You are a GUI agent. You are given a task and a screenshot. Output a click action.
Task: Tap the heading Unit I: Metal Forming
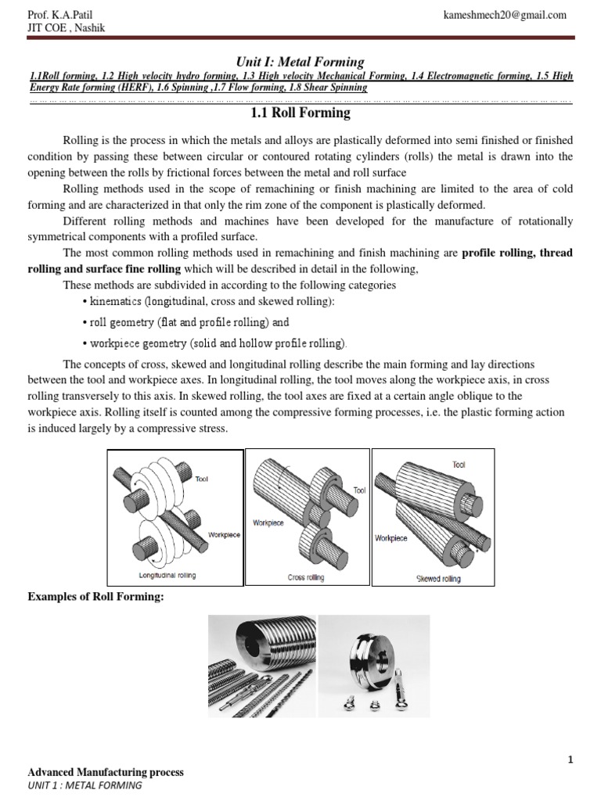pyautogui.click(x=300, y=62)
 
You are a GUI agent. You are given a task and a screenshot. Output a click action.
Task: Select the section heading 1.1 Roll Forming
pyautogui.click(x=300, y=113)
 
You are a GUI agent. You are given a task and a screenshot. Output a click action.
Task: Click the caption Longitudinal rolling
pyautogui.click(x=167, y=575)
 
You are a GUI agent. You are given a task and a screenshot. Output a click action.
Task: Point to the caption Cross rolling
pyautogui.click(x=307, y=578)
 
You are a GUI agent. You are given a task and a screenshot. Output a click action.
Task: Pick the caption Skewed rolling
pyautogui.click(x=438, y=579)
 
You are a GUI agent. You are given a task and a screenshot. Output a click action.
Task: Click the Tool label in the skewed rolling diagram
pyautogui.click(x=459, y=465)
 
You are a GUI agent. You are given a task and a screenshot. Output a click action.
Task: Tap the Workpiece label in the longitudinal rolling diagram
pyautogui.click(x=224, y=534)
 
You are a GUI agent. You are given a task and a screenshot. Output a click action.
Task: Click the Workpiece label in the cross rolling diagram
pyautogui.click(x=268, y=522)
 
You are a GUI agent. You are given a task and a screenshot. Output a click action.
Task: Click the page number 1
pyautogui.click(x=571, y=760)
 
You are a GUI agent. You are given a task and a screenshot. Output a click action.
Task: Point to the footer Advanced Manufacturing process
pyautogui.click(x=106, y=772)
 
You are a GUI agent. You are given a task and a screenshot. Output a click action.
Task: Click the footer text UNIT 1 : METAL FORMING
pyautogui.click(x=85, y=785)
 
